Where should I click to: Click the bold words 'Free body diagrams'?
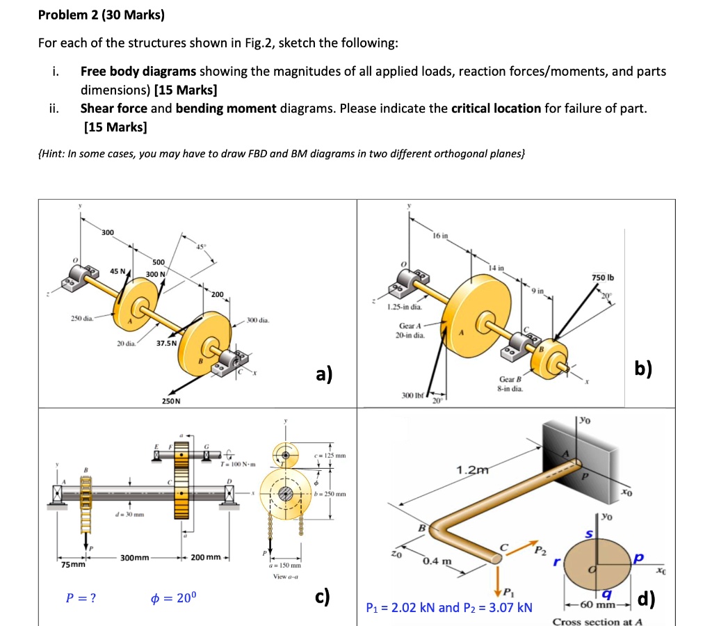click(x=138, y=71)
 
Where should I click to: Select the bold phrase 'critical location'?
click(x=496, y=109)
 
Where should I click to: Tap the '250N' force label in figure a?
click(x=171, y=401)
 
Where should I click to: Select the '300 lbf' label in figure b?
click(x=413, y=395)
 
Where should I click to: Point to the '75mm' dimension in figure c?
click(x=72, y=565)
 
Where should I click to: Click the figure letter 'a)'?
click(x=323, y=374)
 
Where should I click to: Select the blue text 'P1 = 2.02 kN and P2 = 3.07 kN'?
click(x=449, y=607)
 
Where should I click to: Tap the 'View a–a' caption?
click(x=286, y=577)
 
